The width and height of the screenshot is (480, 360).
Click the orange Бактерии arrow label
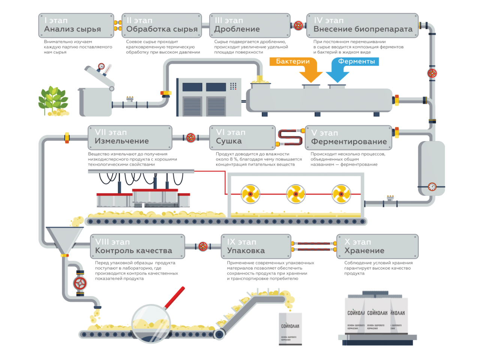tap(293, 61)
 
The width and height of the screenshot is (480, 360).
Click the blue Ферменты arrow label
tap(356, 61)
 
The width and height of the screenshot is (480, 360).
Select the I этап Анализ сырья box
tap(76, 25)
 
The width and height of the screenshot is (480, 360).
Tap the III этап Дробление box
tap(249, 25)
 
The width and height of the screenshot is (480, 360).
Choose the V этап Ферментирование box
tap(348, 138)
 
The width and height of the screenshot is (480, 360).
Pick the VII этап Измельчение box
tap(130, 137)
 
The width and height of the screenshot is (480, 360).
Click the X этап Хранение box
tap(377, 247)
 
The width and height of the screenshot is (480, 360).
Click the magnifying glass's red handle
tap(175, 298)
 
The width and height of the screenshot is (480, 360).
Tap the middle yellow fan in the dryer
tap(296, 194)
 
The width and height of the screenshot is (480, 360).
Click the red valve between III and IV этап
tap(298, 25)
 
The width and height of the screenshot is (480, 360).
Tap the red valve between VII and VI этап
tap(191, 138)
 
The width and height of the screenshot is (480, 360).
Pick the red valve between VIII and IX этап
tap(203, 246)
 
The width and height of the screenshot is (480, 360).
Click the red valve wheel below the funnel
tap(80, 283)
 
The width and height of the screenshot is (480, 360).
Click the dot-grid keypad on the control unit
tap(233, 86)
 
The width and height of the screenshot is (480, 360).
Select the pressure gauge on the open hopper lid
tap(101, 67)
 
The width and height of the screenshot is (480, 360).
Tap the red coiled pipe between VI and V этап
tap(290, 137)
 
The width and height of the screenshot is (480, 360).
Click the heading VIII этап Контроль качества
tap(133, 246)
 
